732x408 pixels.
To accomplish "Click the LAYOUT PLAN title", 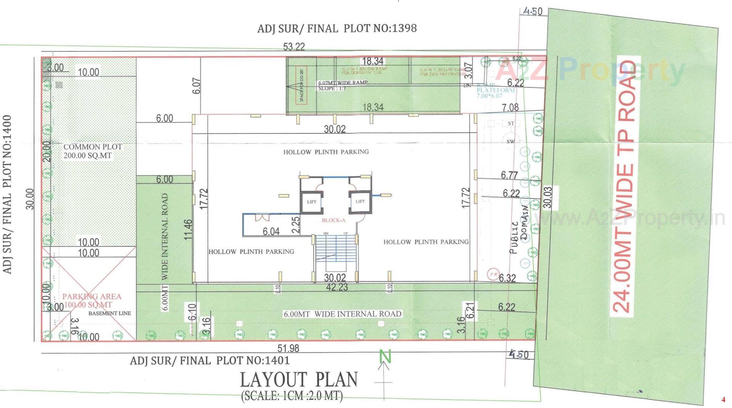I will coord(299,380).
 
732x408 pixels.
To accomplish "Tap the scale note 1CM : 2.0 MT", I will coord(292,396).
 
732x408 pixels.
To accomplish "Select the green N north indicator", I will coord(385,357).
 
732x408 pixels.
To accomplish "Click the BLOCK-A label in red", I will coord(333,220).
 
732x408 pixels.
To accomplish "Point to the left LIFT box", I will coord(311,202).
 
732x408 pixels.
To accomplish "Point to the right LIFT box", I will coord(360,201).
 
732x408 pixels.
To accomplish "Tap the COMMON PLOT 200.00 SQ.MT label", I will coord(92,151).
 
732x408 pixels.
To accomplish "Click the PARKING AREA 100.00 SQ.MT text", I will coord(91,300).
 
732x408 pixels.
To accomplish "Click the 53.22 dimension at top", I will coord(294,47).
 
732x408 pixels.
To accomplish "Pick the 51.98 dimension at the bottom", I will coord(288,348).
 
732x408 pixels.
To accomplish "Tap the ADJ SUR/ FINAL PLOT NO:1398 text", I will coord(337,28).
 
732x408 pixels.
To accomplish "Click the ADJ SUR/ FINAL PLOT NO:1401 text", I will coord(210,360).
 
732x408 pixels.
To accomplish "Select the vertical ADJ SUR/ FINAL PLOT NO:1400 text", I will coord(7,194).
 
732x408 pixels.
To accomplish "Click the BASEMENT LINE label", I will coord(109,313).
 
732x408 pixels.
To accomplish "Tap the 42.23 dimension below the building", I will coord(337,287).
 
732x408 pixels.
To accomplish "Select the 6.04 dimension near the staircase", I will coord(271,232).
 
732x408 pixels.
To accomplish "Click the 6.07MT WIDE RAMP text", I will coord(343,82).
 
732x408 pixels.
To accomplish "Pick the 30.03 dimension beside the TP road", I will coord(547,197).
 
